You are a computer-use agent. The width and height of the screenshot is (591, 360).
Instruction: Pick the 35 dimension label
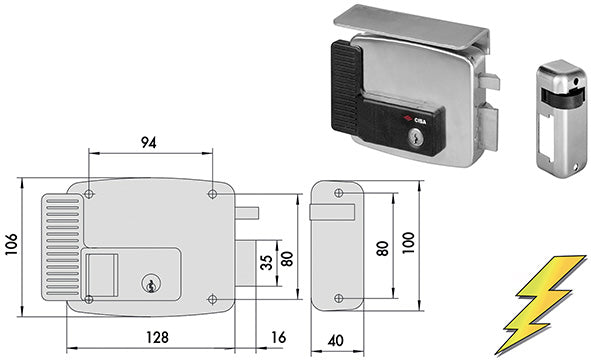(x=265, y=263)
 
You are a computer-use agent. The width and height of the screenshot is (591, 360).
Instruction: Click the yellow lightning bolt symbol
(x=539, y=304)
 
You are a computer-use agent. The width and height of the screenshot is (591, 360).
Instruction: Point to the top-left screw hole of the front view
(x=89, y=192)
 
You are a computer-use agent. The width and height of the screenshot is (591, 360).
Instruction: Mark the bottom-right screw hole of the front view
(x=212, y=298)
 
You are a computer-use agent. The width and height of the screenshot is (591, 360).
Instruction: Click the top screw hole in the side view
(x=336, y=190)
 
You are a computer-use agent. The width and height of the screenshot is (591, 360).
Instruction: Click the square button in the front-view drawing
(x=102, y=273)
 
